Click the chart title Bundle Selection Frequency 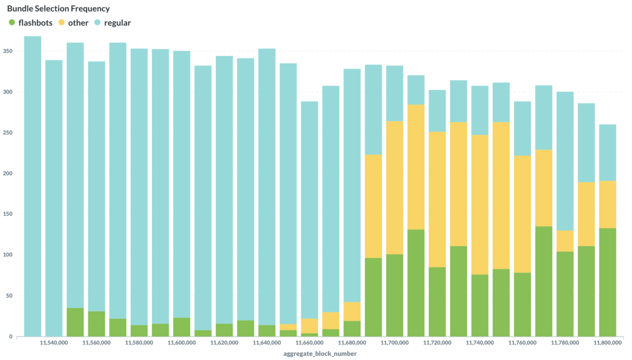point(58,9)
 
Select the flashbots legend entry point(35,23)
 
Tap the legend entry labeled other point(78,23)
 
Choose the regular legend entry point(117,23)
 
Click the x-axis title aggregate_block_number point(320,354)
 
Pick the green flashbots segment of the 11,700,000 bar point(395,295)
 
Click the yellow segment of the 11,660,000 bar point(309,326)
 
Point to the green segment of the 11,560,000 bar point(96,324)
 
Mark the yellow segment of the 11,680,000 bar point(352,311)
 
